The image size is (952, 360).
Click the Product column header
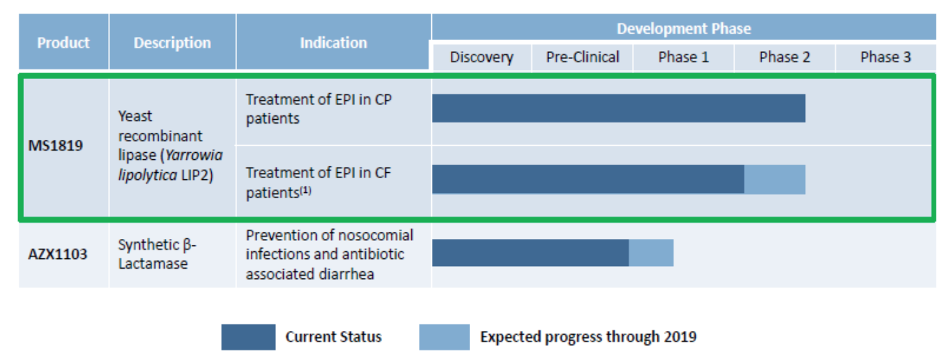pyautogui.click(x=63, y=43)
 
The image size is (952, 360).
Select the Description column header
pyautogui.click(x=172, y=43)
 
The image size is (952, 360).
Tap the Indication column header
pyautogui.click(x=333, y=43)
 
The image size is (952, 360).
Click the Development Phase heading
pyautogui.click(x=683, y=28)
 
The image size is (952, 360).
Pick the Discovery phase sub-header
pyautogui.click(x=481, y=57)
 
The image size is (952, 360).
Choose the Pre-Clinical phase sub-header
pyautogui.click(x=582, y=57)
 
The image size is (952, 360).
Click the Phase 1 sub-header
pyautogui.click(x=683, y=57)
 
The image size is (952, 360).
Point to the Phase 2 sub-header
pyautogui.click(x=784, y=57)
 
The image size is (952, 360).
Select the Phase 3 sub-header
pyautogui.click(x=885, y=57)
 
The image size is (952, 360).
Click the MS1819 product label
pyautogui.click(x=56, y=145)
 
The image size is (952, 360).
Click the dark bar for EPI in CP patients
pyautogui.click(x=618, y=108)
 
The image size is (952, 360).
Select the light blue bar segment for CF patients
pyautogui.click(x=775, y=179)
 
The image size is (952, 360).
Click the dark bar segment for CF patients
pyautogui.click(x=588, y=179)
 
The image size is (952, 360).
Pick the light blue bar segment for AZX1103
pyautogui.click(x=651, y=253)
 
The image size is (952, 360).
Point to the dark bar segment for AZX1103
pyautogui.click(x=530, y=253)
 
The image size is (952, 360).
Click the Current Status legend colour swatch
pyautogui.click(x=248, y=337)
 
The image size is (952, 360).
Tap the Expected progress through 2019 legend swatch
pyautogui.click(x=444, y=337)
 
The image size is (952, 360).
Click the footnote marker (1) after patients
pyautogui.click(x=305, y=190)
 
